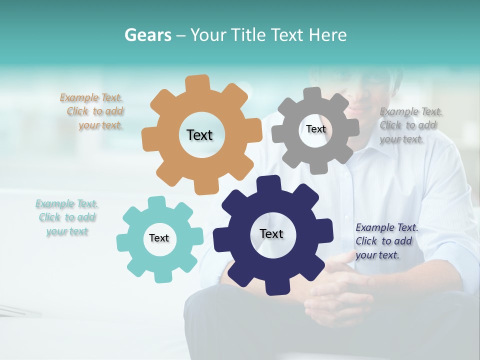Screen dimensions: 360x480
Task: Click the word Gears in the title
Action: point(147,35)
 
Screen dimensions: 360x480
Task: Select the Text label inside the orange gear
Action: point(199,135)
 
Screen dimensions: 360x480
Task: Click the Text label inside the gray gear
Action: point(315,129)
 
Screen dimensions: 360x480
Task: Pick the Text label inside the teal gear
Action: point(159,238)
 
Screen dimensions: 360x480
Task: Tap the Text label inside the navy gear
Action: point(271,233)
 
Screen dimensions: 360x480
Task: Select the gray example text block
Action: point(410,125)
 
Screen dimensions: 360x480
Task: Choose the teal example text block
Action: point(66,217)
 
